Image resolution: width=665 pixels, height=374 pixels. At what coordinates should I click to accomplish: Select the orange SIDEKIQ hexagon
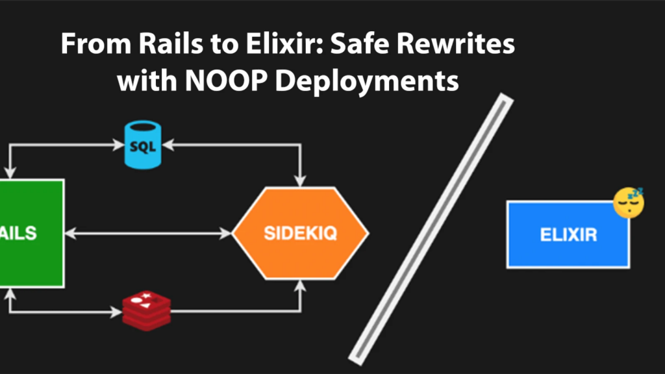(300, 233)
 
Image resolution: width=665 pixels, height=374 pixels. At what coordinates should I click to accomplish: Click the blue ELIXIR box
(568, 234)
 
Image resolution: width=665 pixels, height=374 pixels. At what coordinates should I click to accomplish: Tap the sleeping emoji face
(629, 202)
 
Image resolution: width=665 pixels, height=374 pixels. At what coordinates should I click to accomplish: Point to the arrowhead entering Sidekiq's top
(300, 180)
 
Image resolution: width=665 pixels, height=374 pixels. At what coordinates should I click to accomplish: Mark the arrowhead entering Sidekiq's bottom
(300, 286)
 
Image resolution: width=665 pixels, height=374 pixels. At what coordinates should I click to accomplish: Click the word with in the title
(143, 82)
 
